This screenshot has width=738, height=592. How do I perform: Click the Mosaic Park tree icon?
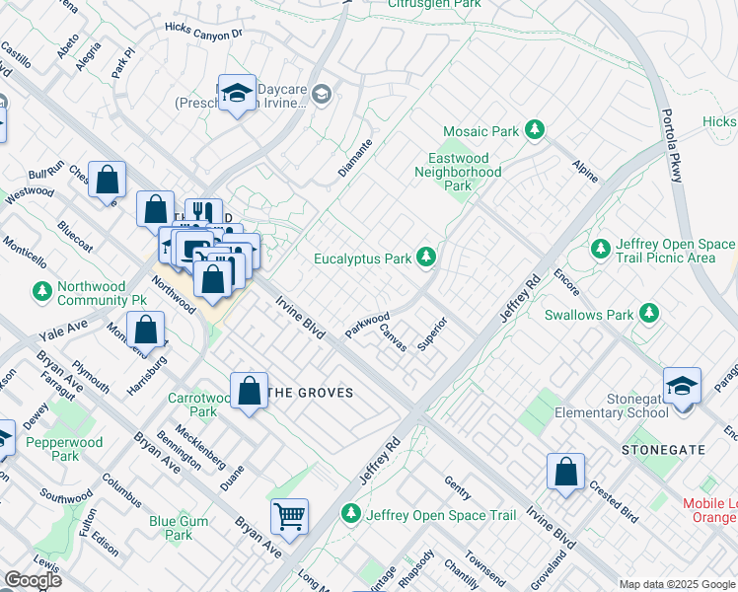point(535,130)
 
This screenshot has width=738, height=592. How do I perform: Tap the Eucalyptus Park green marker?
point(426,259)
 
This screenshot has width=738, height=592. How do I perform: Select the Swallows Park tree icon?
point(649,314)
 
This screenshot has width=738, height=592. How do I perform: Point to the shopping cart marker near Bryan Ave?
point(289,515)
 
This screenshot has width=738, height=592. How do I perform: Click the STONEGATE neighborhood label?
point(663,450)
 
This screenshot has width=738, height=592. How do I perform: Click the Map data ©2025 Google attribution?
point(677,584)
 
